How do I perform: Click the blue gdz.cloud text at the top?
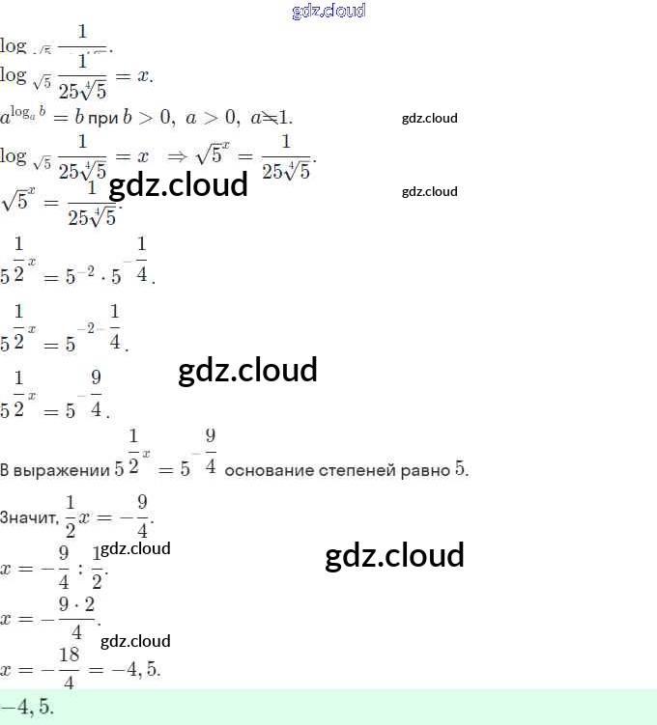point(328,12)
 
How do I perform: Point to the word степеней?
point(359,470)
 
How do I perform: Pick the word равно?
point(426,470)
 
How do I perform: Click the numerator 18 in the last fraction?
point(69,655)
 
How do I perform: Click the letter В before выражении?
point(5,470)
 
